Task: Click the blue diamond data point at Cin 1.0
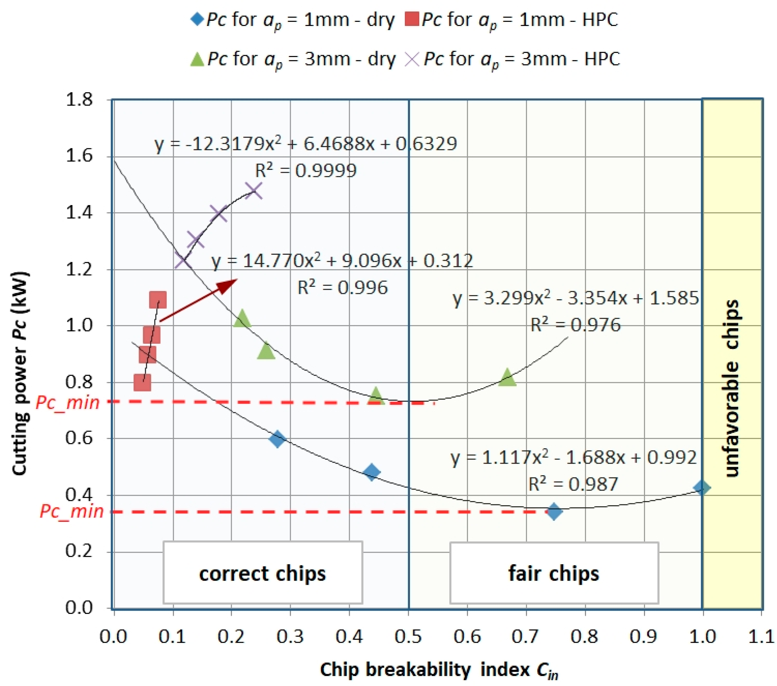pos(701,488)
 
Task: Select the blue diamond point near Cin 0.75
pos(554,512)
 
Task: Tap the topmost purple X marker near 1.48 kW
pos(254,190)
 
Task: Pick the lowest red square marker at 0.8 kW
pos(142,382)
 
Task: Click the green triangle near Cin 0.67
pos(507,377)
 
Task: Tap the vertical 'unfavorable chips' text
pos(732,388)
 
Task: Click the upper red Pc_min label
pos(68,402)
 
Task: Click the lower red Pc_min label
pos(71,511)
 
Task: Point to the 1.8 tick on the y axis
pos(79,100)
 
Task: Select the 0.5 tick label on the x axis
pos(408,637)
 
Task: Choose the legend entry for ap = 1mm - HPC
pos(512,20)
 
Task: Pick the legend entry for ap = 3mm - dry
pos(293,60)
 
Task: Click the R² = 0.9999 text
pos(305,170)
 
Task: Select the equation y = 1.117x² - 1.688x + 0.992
pos(573,457)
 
